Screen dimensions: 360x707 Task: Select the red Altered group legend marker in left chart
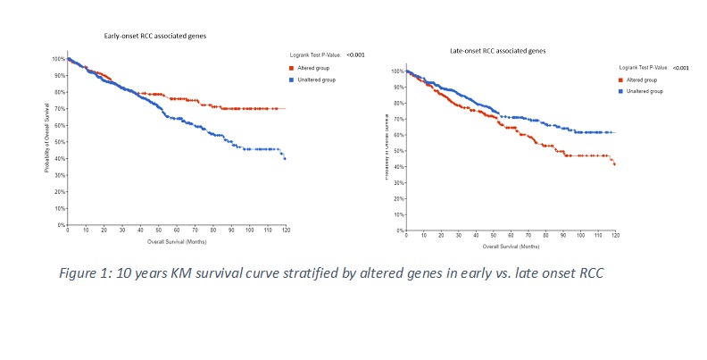click(x=292, y=68)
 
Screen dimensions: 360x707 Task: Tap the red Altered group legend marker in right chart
click(x=622, y=80)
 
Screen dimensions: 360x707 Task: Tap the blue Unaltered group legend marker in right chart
click(x=622, y=90)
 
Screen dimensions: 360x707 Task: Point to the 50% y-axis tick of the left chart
click(x=59, y=142)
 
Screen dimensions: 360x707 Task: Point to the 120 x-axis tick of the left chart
click(x=286, y=231)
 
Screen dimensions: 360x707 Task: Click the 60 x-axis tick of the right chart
click(x=510, y=235)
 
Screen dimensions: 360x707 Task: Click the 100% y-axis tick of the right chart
click(x=397, y=71)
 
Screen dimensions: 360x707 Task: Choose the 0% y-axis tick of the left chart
click(x=61, y=225)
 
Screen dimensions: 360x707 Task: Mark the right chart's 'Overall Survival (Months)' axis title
click(x=511, y=244)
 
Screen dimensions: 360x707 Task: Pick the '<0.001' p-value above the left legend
click(x=355, y=55)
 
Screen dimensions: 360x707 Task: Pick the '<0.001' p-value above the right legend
click(x=680, y=68)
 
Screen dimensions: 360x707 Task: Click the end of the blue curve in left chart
click(x=285, y=158)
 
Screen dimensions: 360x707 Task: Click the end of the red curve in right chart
click(x=615, y=164)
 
